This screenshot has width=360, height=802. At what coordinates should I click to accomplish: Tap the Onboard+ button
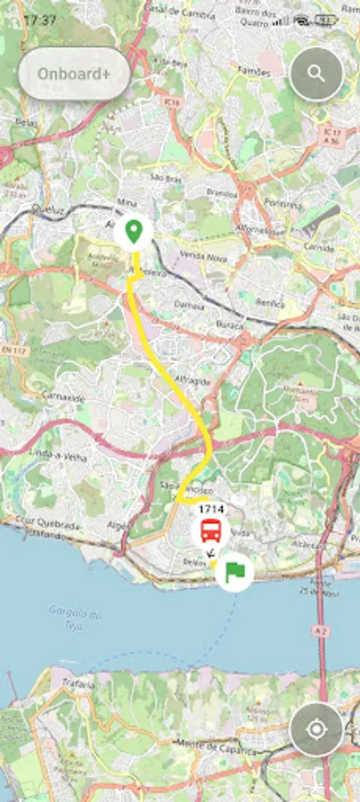tap(74, 74)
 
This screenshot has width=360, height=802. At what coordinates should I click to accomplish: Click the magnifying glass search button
tap(316, 74)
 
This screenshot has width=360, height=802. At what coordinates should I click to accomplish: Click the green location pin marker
tap(134, 233)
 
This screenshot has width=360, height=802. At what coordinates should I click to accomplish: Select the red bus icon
tap(210, 532)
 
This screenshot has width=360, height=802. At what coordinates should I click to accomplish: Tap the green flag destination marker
tap(234, 569)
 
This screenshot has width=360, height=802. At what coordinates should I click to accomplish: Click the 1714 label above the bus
tap(211, 508)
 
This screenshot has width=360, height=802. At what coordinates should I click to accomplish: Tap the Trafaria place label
tap(79, 683)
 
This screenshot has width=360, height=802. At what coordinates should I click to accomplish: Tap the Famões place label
tap(249, 69)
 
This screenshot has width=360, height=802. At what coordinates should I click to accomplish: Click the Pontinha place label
tap(290, 203)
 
